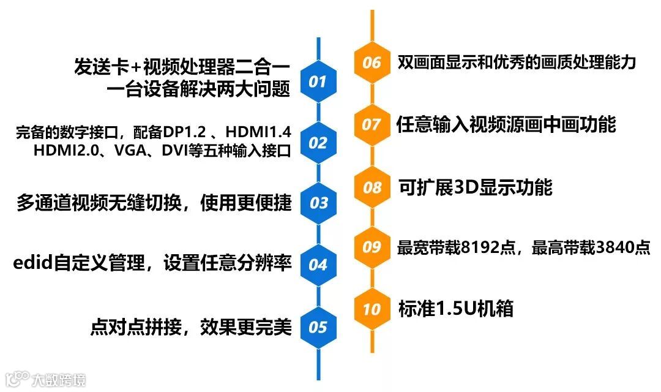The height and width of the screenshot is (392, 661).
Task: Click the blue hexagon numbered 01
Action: coord(318,81)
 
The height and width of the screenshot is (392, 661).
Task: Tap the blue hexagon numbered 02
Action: coord(318,143)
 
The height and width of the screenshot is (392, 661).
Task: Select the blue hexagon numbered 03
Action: coord(318,203)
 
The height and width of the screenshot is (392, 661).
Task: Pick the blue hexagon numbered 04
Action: coord(318,265)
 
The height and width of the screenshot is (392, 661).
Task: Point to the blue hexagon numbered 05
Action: coord(318,327)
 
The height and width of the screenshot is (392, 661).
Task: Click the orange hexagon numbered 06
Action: coord(372,62)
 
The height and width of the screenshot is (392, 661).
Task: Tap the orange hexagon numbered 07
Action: coord(372,124)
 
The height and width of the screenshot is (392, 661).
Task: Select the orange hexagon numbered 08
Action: coord(372,187)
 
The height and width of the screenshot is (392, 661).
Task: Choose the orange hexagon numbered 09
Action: coord(372,247)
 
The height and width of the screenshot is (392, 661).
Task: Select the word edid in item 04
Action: coord(30,264)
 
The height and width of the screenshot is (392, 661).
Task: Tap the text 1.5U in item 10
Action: coord(452,309)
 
